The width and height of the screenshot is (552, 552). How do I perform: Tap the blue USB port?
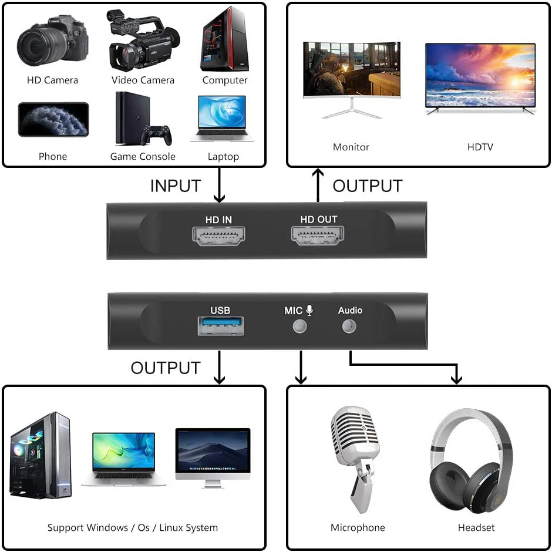[x=220, y=326]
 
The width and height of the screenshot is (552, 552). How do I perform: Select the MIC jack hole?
[x=299, y=326]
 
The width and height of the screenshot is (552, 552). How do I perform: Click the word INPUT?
[x=175, y=186]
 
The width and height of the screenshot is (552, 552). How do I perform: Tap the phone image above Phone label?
[x=53, y=120]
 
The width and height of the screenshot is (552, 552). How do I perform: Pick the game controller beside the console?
[x=156, y=135]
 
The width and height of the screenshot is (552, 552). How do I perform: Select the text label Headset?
[x=476, y=528]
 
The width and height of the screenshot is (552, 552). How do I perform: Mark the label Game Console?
[x=143, y=157]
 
